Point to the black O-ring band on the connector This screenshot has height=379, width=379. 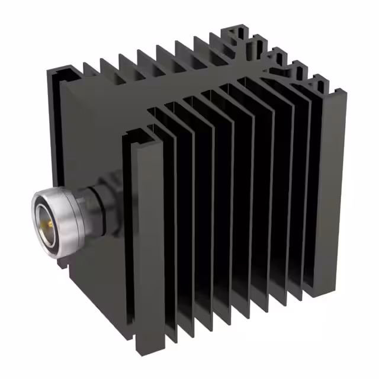tap(81, 208)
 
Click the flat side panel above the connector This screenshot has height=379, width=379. tap(89, 130)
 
